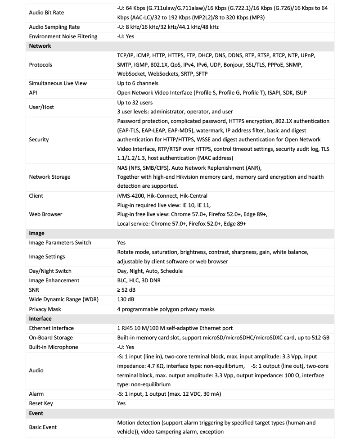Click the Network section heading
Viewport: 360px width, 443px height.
[x=40, y=46]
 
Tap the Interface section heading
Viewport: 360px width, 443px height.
[x=40, y=319]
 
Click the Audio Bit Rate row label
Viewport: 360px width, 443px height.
[x=46, y=13]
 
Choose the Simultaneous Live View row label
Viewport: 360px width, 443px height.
[x=58, y=83]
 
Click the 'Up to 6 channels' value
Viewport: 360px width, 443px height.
[x=137, y=83]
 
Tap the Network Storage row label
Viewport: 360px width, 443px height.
[x=49, y=177]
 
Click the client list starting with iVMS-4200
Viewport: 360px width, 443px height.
[x=162, y=196]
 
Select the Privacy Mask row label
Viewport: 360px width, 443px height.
[x=45, y=309]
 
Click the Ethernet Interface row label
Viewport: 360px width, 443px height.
[x=51, y=328]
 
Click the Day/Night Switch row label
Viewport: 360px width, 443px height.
[x=50, y=271]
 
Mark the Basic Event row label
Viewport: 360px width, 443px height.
[x=43, y=427]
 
